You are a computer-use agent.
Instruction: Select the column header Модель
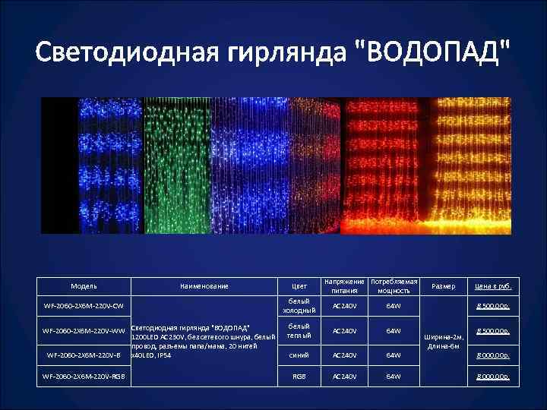[x=84, y=286]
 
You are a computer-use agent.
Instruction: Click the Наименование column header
[x=204, y=286]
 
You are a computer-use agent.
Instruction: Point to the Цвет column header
[x=299, y=286]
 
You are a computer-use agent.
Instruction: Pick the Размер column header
[x=443, y=286]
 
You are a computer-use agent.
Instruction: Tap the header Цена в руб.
[x=493, y=286]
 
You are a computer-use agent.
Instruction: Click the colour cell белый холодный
[x=299, y=306]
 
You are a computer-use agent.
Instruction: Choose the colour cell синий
[x=299, y=355]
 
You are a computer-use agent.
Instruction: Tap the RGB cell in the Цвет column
[x=299, y=376]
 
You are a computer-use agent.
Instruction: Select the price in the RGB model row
[x=493, y=376]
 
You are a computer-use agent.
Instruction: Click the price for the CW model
[x=493, y=306]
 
